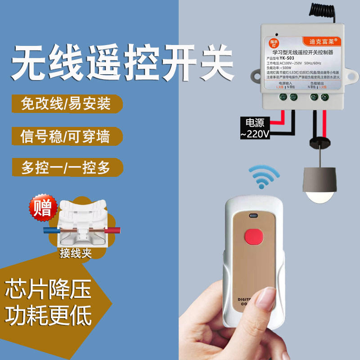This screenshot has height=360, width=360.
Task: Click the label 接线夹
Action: pos(75,253)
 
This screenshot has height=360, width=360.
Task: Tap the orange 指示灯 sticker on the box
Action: pos(272,43)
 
